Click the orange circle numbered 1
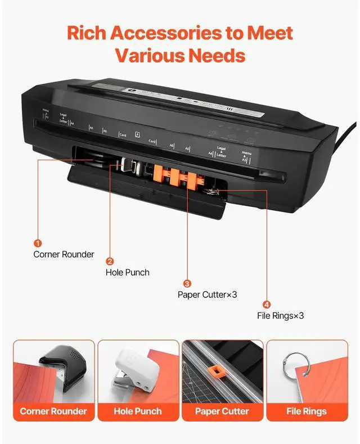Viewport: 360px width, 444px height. tap(38, 243)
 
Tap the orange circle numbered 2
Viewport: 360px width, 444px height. tap(110, 261)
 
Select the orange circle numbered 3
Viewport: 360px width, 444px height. tap(187, 284)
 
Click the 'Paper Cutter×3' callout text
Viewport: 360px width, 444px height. tap(207, 295)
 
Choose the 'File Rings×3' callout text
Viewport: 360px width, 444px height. tap(280, 316)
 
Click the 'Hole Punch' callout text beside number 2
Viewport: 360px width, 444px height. tap(128, 273)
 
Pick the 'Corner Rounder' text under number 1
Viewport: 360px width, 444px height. tap(64, 254)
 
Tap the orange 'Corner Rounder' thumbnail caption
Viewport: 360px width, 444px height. tap(53, 411)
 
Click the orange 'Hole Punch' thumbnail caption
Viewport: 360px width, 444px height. tap(138, 411)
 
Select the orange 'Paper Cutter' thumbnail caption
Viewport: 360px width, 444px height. tap(222, 411)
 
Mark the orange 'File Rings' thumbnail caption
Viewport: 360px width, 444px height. tap(307, 411)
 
